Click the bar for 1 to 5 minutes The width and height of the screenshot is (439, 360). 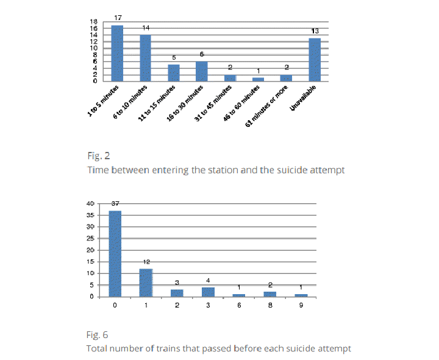pos(117,53)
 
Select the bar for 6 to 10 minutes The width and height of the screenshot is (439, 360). pos(146,58)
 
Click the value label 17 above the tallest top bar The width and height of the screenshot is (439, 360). pos(118,19)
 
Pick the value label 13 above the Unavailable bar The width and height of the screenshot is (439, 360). pos(315,31)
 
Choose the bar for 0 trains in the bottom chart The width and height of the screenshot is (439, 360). pos(115,254)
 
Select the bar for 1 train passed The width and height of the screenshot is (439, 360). pos(146,283)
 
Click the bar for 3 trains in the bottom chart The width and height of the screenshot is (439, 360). pos(207,292)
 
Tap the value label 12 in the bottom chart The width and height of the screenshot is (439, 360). pos(146,262)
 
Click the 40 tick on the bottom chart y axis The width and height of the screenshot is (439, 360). pos(90,204)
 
